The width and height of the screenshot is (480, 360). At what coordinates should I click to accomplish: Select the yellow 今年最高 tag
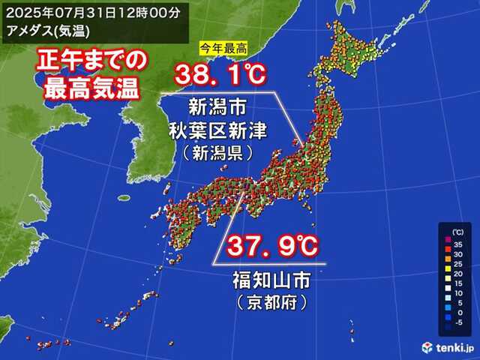[223, 49]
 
